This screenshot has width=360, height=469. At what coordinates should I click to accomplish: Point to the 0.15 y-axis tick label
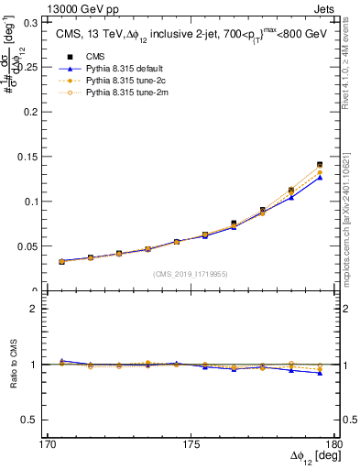(33, 156)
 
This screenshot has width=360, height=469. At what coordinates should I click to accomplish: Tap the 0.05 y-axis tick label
(33, 246)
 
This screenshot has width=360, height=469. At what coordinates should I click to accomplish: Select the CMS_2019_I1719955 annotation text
(191, 274)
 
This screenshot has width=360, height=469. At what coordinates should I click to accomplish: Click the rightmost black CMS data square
(320, 165)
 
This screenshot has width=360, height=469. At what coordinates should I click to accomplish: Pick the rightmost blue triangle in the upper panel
(320, 178)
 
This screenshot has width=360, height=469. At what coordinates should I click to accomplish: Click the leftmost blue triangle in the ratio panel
(61, 361)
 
